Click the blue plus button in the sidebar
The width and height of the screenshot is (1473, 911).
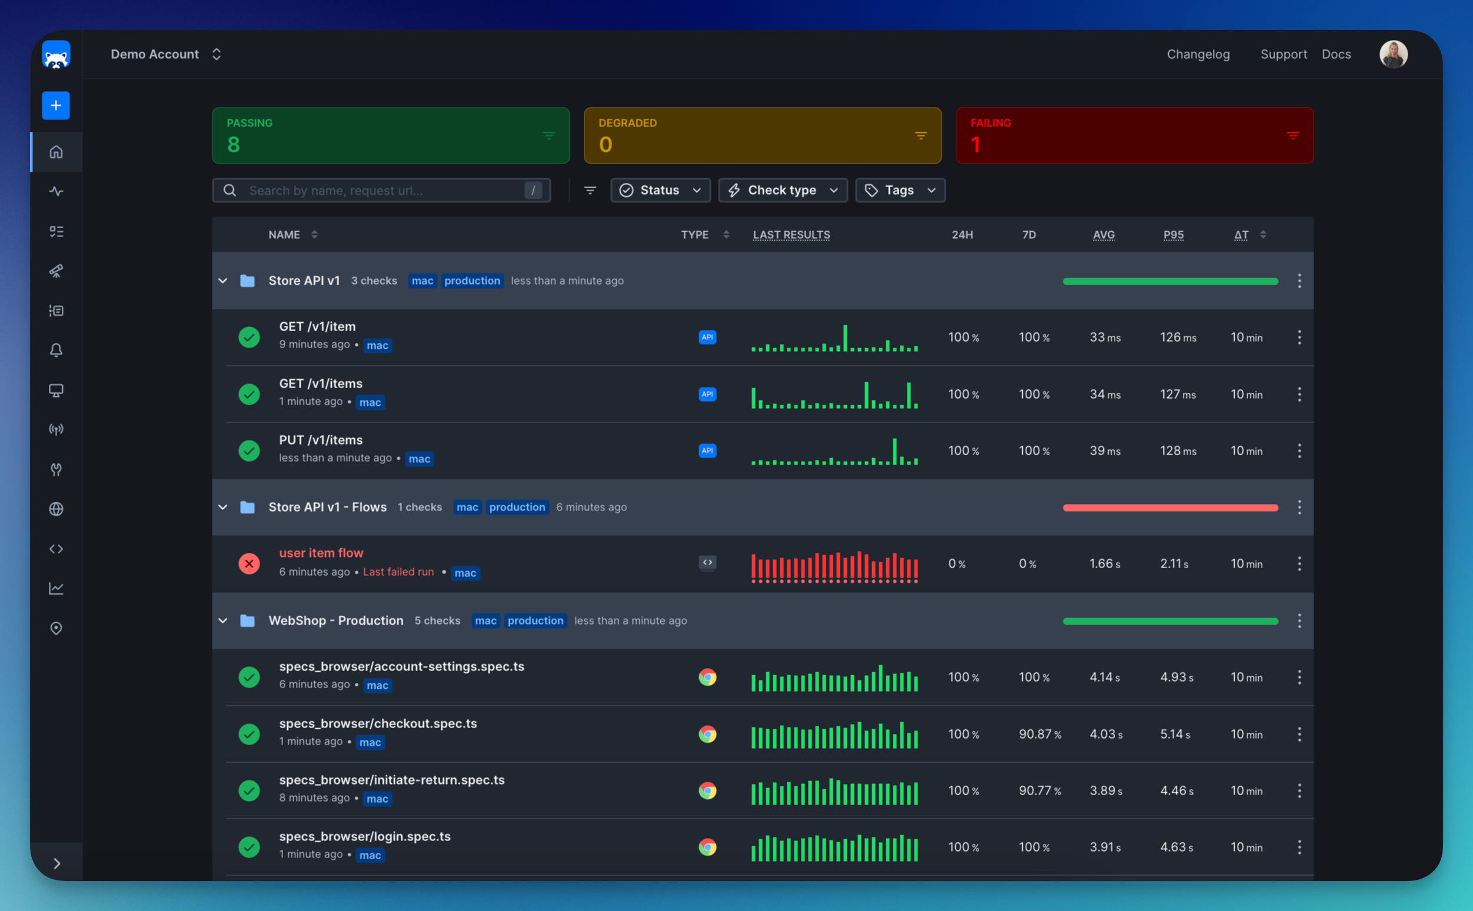(x=56, y=105)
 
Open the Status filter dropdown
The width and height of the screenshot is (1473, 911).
(x=660, y=191)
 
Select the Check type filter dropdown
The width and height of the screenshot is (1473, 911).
(x=783, y=191)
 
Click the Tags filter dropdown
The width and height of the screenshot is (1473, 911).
(x=900, y=191)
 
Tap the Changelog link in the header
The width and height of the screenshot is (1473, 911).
(x=1198, y=54)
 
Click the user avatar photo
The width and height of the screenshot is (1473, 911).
(x=1394, y=54)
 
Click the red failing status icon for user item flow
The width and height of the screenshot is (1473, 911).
(x=249, y=564)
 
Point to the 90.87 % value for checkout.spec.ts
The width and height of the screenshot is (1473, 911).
(x=1040, y=734)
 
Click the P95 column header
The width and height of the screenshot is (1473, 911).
(x=1173, y=235)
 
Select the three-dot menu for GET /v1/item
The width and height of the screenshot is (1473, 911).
(x=1299, y=338)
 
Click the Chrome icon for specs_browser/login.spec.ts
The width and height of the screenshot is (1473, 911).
(x=707, y=847)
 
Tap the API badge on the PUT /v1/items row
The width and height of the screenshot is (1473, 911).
(x=707, y=451)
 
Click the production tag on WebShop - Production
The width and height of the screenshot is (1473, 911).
(x=535, y=620)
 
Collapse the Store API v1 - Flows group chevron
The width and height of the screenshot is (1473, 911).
(x=223, y=508)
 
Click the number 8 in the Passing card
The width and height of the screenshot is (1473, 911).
(x=234, y=145)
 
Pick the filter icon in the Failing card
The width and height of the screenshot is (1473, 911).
(x=1293, y=136)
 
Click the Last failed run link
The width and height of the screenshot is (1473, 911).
(x=398, y=572)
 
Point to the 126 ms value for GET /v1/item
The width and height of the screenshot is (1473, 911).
(x=1178, y=338)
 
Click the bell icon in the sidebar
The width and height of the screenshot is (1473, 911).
(x=56, y=350)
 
